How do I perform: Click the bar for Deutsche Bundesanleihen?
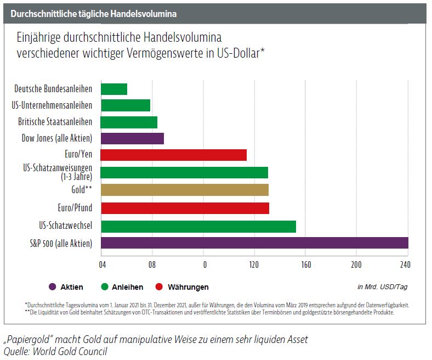point(114,89)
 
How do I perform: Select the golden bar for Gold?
point(185,190)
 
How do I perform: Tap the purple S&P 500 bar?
point(254,243)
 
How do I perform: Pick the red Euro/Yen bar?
point(174,155)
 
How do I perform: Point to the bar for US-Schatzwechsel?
point(198,226)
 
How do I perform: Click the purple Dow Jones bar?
point(132,138)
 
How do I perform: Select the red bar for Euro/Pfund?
point(185,208)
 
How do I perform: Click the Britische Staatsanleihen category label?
point(55,122)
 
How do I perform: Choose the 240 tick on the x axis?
point(405,265)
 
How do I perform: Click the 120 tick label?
point(254,265)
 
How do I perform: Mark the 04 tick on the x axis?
point(102,265)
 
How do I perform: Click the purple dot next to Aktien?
point(53,287)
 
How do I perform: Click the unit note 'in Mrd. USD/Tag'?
point(382,286)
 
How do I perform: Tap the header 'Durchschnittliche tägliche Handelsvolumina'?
point(93,12)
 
